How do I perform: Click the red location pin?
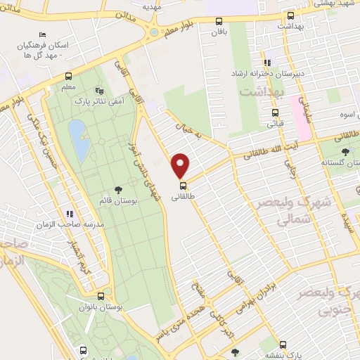(181, 165)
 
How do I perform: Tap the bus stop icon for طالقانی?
(183, 186)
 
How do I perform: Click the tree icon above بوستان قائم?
(117, 188)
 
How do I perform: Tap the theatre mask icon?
(98, 91)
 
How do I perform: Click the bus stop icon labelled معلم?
(69, 77)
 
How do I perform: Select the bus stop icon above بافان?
(219, 21)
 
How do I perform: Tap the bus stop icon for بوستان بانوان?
(102, 297)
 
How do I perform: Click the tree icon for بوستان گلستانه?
(345, 151)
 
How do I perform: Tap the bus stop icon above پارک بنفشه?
(283, 345)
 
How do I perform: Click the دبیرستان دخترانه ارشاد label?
(263, 72)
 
